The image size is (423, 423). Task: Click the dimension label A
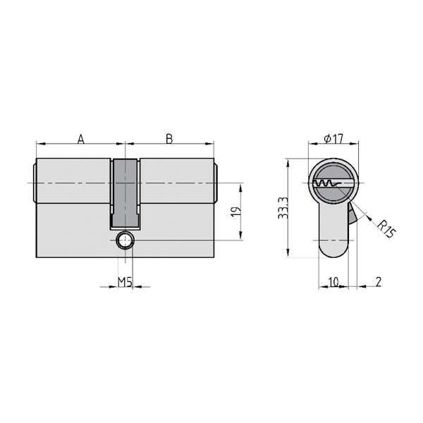tap(80, 139)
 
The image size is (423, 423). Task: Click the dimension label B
tap(169, 139)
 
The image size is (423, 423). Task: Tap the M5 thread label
tap(125, 283)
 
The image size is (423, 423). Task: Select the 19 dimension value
tap(235, 211)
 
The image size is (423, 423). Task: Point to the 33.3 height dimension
tap(283, 208)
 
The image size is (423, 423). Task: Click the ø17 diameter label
tap(333, 139)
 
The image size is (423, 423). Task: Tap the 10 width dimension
tap(333, 282)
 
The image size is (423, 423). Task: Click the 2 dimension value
tap(379, 282)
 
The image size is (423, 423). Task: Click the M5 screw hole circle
tap(125, 240)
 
